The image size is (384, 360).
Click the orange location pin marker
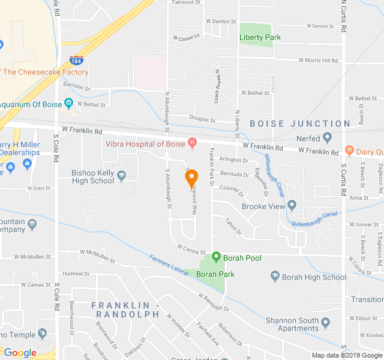coord(191,178)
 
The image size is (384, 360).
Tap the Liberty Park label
coord(260,37)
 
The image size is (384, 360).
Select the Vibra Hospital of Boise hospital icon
coord(192,143)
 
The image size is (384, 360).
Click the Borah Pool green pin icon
coord(216,257)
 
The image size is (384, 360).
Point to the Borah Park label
coord(215,274)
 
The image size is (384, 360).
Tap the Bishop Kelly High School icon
coord(122,176)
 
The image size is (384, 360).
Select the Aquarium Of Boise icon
coord(69,104)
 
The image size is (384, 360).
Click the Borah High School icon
coord(275,277)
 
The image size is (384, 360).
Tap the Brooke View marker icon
coord(292,206)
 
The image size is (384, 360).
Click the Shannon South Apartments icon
coord(326,323)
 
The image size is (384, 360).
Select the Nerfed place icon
coord(327,139)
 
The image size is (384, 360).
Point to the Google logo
coord(20,353)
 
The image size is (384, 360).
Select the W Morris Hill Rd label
coord(319,60)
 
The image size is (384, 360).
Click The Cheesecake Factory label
coord(46,72)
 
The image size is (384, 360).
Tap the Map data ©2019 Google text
coord(337,355)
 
